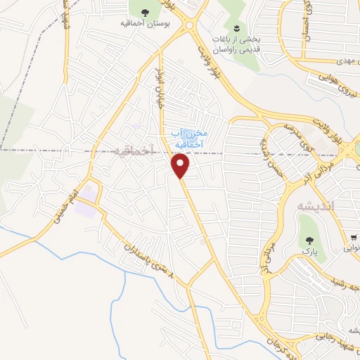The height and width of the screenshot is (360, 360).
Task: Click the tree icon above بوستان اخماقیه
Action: [x=146, y=13]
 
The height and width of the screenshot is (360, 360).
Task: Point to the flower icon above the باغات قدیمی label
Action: [x=237, y=29]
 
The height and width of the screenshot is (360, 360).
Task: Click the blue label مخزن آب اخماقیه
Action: [x=187, y=138]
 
